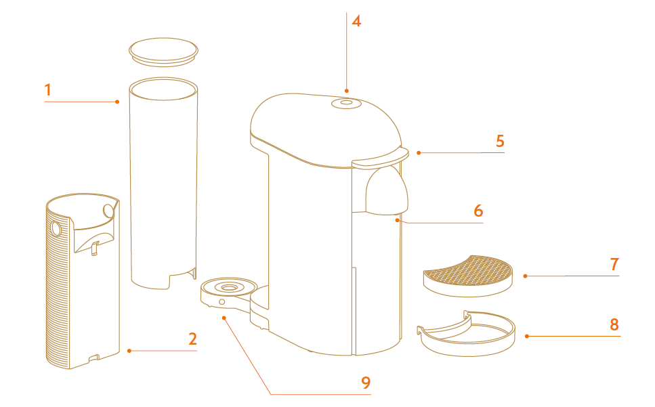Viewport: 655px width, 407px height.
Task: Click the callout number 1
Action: [x=47, y=89]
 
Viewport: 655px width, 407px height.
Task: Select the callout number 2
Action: [x=192, y=339]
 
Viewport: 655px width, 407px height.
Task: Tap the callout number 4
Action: [x=356, y=21]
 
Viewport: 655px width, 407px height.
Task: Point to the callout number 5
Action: [x=500, y=141]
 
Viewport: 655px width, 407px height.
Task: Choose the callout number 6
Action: [x=478, y=211]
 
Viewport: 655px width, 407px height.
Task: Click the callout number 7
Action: [x=614, y=264]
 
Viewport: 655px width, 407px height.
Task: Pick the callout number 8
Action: [x=614, y=324]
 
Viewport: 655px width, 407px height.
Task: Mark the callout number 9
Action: [x=366, y=383]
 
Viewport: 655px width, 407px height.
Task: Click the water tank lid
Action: [x=163, y=51]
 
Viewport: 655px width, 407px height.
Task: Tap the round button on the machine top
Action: [x=345, y=103]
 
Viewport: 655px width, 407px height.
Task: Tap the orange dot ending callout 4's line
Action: [x=346, y=90]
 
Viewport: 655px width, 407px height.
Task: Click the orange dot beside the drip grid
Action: [x=525, y=276]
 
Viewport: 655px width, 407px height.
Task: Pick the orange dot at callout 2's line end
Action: [x=129, y=351]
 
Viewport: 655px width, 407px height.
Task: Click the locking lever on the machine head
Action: [x=377, y=160]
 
